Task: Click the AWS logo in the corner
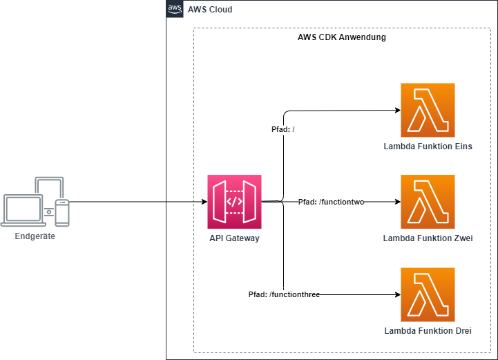175,9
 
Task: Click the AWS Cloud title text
210,10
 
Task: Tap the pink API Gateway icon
235,202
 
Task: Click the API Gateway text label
235,238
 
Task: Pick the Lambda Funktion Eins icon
428,110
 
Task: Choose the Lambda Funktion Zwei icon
428,202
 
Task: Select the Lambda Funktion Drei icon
428,294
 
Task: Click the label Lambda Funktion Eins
428,146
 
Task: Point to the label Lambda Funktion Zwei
428,238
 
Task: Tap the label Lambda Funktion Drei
428,331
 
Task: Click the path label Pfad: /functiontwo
331,202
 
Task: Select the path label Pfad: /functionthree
284,294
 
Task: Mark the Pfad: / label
284,129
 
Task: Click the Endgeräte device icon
35,202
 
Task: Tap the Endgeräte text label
35,236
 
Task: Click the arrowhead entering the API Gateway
204,202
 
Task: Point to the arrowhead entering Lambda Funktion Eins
397,110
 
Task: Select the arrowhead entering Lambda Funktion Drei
397,294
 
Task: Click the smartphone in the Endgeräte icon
62,212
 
